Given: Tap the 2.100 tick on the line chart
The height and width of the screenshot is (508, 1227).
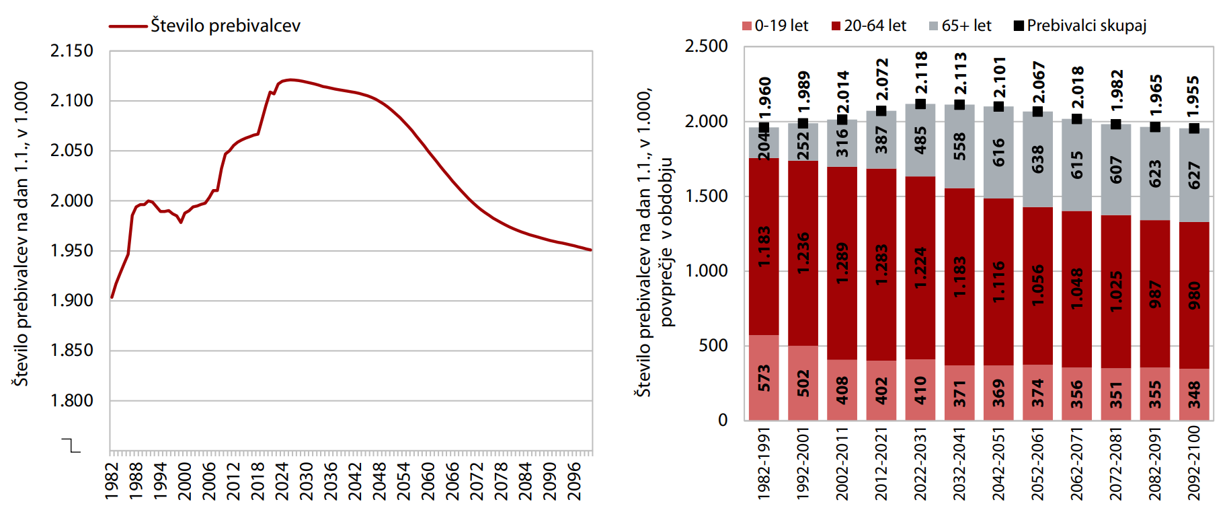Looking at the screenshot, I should [x=72, y=101].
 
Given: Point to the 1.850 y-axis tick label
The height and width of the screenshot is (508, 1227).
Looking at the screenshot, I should [x=72, y=351].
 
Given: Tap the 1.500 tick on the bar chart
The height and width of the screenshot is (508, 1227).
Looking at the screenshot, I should [x=707, y=196].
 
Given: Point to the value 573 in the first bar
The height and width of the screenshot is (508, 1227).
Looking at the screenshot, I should [x=764, y=378].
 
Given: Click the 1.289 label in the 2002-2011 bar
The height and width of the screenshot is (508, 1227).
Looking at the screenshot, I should [x=842, y=263].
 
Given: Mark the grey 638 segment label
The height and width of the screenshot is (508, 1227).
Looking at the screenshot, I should [x=1038, y=159].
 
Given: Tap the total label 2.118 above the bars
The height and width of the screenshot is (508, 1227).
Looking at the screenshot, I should [x=921, y=72].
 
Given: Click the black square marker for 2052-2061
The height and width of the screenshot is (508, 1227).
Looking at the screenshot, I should [x=1038, y=111].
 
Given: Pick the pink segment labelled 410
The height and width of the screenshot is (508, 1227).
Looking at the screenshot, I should [x=921, y=390].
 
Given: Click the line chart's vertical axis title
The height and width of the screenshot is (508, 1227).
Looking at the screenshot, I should [x=21, y=234].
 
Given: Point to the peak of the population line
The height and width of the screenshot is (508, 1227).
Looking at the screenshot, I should [x=289, y=80].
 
